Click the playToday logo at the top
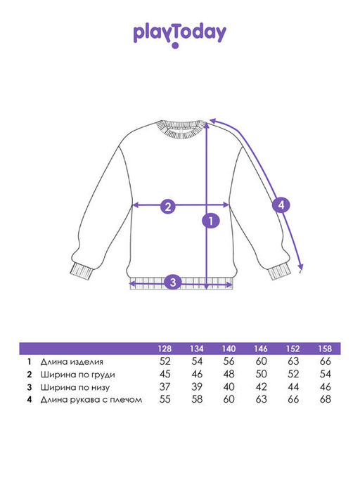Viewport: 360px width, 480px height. click(x=180, y=36)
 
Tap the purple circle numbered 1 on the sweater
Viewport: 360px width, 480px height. click(x=211, y=221)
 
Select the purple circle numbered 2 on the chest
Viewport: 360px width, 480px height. click(x=168, y=207)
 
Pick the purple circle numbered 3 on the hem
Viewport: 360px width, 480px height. click(x=173, y=282)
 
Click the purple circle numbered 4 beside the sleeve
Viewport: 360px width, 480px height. click(x=281, y=205)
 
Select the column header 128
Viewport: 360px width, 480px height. click(x=165, y=349)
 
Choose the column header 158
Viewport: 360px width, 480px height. click(x=325, y=349)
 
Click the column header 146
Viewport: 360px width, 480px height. click(x=261, y=349)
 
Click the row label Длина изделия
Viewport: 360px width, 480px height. click(x=72, y=362)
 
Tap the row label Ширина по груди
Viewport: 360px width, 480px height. click(x=78, y=375)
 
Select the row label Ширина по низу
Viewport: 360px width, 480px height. click(x=75, y=387)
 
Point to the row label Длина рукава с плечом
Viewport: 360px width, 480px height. click(x=91, y=400)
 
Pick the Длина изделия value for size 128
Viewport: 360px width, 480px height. click(x=165, y=361)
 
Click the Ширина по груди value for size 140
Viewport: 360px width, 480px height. click(x=229, y=375)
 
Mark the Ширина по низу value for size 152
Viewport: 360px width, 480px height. click(x=293, y=387)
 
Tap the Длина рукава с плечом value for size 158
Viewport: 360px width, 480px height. click(x=325, y=399)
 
